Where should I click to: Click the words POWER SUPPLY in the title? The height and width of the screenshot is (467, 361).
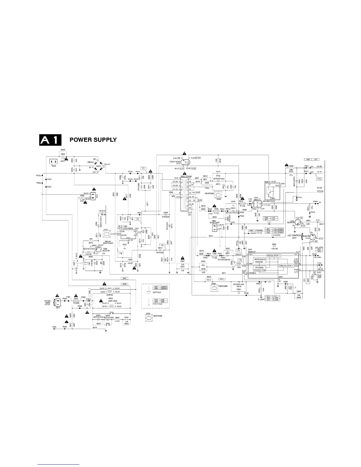tap(93, 140)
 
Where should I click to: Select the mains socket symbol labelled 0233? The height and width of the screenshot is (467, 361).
tap(53, 162)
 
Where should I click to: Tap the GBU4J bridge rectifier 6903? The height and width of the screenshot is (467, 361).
tap(99, 166)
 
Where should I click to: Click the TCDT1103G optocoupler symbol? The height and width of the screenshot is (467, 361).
tap(185, 162)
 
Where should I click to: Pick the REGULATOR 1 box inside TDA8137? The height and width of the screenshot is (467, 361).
tap(273, 255)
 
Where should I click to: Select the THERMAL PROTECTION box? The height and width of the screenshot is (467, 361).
tap(260, 269)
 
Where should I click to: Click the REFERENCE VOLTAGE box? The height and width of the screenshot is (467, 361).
tap(260, 261)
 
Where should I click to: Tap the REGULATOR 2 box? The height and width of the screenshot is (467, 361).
tap(286, 266)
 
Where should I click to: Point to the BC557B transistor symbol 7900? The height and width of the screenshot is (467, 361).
tap(99, 249)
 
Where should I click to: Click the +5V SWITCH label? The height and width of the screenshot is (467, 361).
tap(294, 236)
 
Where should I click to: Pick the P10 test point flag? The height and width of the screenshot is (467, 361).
tap(319, 179)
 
